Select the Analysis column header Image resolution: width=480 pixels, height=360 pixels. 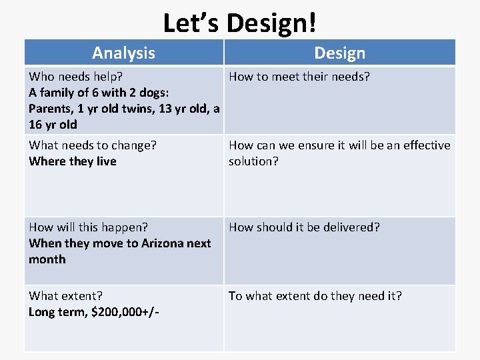tap(123, 53)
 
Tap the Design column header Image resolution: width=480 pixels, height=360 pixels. tap(339, 53)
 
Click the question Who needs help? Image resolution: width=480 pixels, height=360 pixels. tap(75, 77)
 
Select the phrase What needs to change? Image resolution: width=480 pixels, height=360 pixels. tap(93, 145)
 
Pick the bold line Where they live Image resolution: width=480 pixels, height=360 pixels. tap(73, 161)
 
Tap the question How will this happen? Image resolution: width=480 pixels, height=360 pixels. tap(89, 227)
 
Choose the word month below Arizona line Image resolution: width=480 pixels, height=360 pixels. tap(47, 259)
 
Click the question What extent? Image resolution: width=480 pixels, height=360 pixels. tap(65, 296)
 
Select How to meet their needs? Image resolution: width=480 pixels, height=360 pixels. tap(299, 77)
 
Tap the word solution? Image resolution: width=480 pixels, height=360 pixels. tap(254, 161)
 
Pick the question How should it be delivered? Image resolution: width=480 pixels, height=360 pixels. tap(305, 227)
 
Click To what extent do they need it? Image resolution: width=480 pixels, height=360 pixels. tap(315, 296)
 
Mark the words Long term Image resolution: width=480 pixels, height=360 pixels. tap(55, 312)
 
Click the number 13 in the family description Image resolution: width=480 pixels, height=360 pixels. tap(166, 109)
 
